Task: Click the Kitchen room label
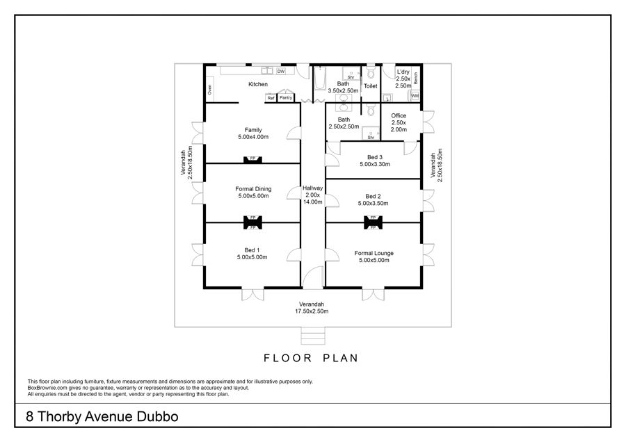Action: coord(258,84)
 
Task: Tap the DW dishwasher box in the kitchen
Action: coord(281,72)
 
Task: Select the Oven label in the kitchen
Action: coord(209,90)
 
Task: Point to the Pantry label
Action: coord(286,98)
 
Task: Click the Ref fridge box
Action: coord(271,98)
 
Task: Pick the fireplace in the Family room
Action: coord(252,160)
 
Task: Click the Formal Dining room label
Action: coord(253,189)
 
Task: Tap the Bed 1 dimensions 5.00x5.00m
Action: coord(252,257)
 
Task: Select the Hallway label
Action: coord(312,188)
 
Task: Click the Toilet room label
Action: coord(371,85)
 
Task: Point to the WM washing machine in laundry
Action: coord(415,96)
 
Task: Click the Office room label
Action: coord(399,115)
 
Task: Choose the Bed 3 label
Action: coord(375,157)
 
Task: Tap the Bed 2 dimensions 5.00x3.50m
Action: coord(374,204)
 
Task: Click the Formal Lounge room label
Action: coord(374,253)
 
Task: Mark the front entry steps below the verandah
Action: coord(313,336)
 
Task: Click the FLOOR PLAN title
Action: coord(311,358)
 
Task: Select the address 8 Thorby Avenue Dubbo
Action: coord(102,417)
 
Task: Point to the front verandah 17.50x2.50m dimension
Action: coord(312,311)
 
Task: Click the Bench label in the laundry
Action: coord(416,79)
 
